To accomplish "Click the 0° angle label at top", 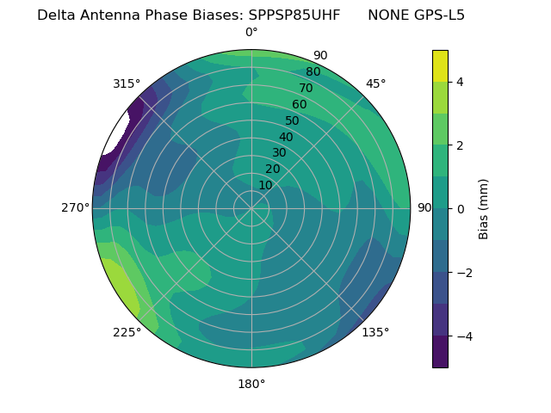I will [x=251, y=33].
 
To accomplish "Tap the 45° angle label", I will [x=376, y=83].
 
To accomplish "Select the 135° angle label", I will [x=375, y=332].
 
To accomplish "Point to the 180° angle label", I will [x=251, y=384].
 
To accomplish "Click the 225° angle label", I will [x=127, y=333].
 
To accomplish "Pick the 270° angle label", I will [x=76, y=207].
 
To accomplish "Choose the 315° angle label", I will [x=127, y=83].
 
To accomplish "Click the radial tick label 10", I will [x=265, y=185].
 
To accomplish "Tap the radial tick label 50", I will [x=292, y=120].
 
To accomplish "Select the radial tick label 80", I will [x=313, y=72].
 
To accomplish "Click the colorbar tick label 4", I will [x=461, y=82].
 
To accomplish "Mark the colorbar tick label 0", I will [x=461, y=209].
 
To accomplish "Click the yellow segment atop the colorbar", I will [x=440, y=65].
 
